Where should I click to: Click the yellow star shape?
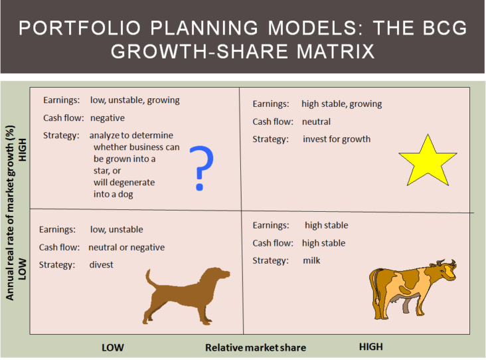pyautogui.click(x=428, y=161)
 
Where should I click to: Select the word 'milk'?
pyautogui.click(x=311, y=260)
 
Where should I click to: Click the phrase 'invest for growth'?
pyautogui.click(x=336, y=139)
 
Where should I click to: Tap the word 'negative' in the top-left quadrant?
pyautogui.click(x=107, y=118)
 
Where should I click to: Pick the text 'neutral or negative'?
pyautogui.click(x=127, y=247)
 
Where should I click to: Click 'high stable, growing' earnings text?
pyautogui.click(x=341, y=104)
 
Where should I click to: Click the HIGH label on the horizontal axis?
pyautogui.click(x=370, y=347)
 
